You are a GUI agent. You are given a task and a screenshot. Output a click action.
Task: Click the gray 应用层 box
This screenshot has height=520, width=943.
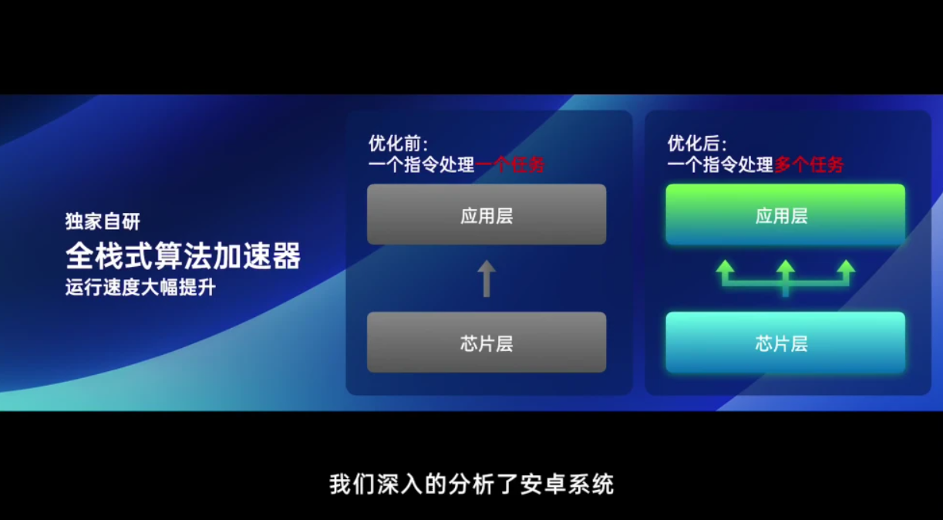click(x=487, y=214)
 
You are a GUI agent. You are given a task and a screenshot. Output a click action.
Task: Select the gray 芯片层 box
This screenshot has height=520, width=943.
click(x=487, y=343)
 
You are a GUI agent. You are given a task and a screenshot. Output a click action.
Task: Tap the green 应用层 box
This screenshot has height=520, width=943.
click(x=786, y=214)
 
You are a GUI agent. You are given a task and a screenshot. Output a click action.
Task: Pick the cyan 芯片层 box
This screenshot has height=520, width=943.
click(x=786, y=343)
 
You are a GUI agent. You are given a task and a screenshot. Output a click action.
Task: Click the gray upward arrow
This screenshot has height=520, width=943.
click(x=487, y=278)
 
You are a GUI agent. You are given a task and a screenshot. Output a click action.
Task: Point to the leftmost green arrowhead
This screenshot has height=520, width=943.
click(x=726, y=268)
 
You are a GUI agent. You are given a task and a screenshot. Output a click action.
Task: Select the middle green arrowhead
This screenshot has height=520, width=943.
click(x=786, y=268)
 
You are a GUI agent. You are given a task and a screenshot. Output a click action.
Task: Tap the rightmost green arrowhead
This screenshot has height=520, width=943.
click(x=846, y=268)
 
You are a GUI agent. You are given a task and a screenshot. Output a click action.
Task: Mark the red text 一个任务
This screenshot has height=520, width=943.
click(x=510, y=165)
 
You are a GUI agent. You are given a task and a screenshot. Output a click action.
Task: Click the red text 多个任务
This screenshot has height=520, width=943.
click(x=809, y=165)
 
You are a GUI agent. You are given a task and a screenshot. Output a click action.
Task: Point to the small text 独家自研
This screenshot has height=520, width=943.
click(x=103, y=221)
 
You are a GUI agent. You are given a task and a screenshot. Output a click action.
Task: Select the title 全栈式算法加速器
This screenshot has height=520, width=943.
click(x=184, y=255)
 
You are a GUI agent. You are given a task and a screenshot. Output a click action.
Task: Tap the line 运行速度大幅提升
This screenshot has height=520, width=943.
click(x=140, y=288)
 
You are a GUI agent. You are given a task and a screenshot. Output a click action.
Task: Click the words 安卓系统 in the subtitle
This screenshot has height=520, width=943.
click(x=567, y=485)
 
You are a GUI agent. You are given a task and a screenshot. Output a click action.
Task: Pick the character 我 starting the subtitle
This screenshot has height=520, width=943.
click(x=340, y=485)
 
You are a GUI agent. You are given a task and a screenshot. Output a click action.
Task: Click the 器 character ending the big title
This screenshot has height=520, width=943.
click(x=287, y=255)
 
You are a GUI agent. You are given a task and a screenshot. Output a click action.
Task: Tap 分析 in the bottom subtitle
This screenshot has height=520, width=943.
click(x=472, y=485)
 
